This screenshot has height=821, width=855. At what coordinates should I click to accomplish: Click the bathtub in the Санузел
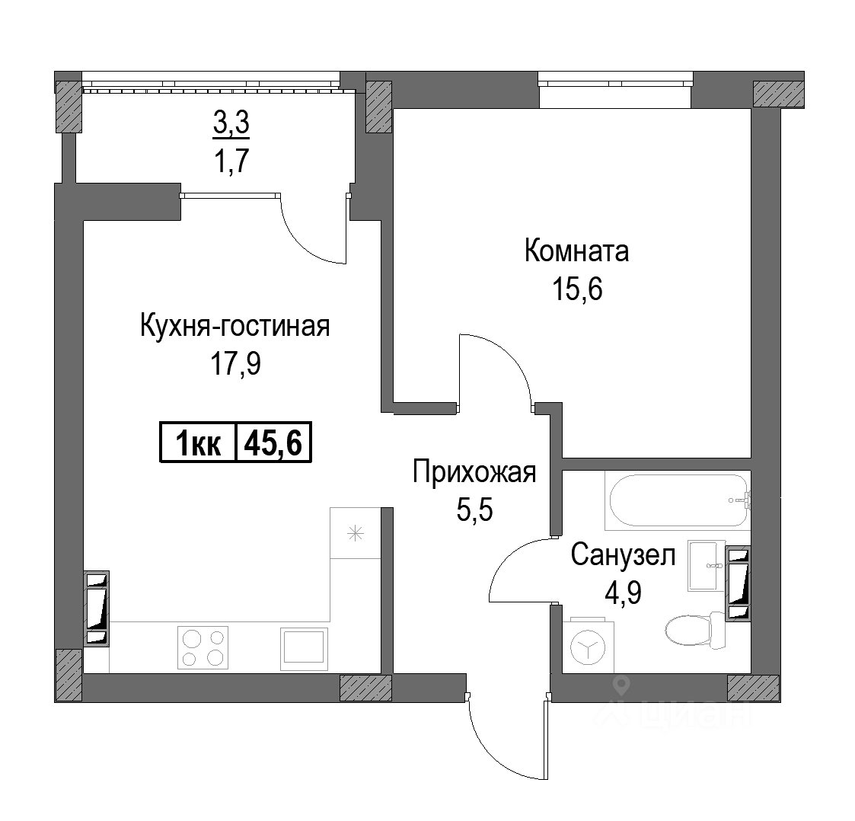[678, 500]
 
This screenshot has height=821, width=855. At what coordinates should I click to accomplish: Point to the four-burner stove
[203, 647]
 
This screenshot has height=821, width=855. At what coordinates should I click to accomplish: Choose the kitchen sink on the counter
[304, 649]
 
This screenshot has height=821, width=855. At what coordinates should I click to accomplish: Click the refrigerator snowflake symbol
[356, 533]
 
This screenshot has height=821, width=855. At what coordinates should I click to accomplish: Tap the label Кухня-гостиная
[235, 327]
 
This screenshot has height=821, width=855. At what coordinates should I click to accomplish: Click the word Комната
[576, 251]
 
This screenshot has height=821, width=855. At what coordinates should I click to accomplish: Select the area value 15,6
[577, 289]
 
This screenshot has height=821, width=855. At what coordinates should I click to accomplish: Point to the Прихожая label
[474, 472]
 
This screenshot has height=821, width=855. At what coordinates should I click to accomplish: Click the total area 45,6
[273, 442]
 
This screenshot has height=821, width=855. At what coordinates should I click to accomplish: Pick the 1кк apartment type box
[198, 442]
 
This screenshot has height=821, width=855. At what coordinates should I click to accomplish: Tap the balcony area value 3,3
[231, 123]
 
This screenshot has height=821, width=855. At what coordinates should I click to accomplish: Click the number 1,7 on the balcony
[231, 161]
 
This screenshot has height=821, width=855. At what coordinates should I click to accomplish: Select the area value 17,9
[235, 364]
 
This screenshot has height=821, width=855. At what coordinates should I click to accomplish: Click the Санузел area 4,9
[623, 591]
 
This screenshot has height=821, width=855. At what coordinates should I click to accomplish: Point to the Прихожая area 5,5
[474, 510]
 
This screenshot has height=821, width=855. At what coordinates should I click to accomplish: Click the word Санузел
[624, 555]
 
